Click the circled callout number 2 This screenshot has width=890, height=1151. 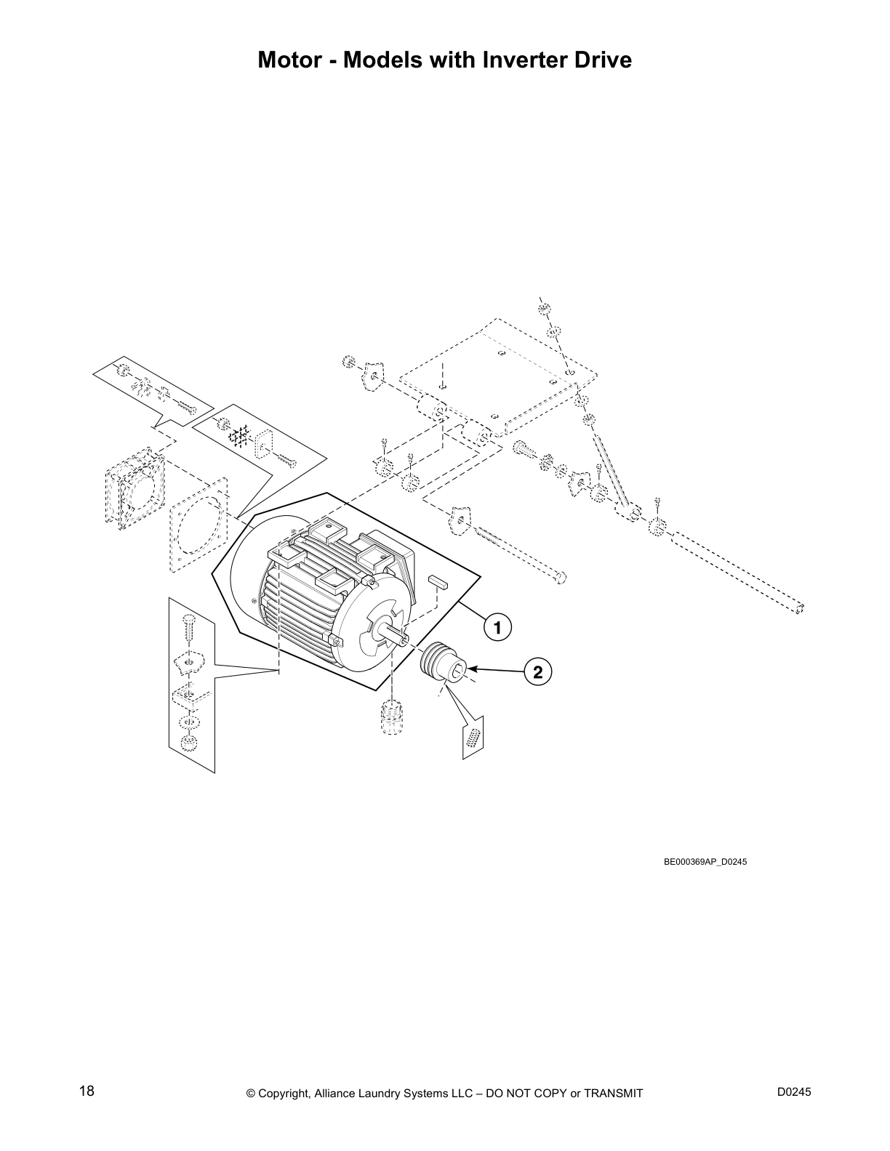click(537, 672)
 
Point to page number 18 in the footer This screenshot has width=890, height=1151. click(87, 1091)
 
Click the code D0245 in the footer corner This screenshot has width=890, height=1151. click(793, 1092)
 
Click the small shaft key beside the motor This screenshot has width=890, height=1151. click(439, 580)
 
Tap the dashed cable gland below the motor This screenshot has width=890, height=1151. click(391, 717)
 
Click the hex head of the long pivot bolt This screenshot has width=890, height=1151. click(559, 578)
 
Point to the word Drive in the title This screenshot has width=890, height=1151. click(601, 60)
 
